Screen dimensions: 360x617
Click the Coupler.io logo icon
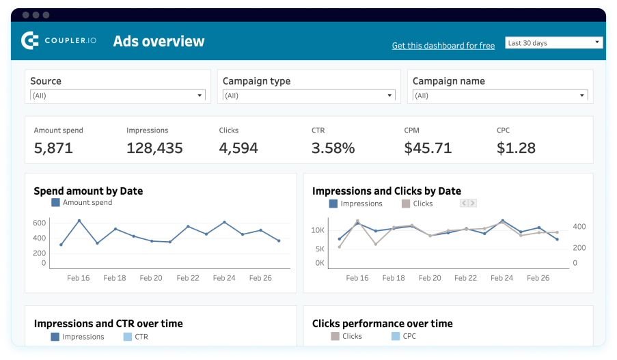pos(30,41)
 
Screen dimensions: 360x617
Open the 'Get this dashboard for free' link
pos(443,46)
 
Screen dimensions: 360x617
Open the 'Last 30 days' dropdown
pos(553,43)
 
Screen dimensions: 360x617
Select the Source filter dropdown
pos(118,96)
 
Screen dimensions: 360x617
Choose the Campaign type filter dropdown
pos(309,96)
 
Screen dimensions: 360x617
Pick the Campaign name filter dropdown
pos(500,96)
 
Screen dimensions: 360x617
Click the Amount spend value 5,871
pos(53,148)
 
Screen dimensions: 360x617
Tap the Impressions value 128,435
pos(154,148)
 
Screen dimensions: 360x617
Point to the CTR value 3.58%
pos(333,148)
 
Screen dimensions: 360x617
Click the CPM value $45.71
pos(428,148)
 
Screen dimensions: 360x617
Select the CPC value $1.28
pos(516,148)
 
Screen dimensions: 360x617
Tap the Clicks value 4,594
pos(238,148)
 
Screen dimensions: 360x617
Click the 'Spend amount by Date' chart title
pos(88,191)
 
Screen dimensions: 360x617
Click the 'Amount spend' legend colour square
pos(55,203)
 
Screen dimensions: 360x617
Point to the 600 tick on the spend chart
pos(39,223)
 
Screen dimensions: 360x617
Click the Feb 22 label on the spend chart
pos(187,278)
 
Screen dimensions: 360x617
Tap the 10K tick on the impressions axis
pos(318,230)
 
